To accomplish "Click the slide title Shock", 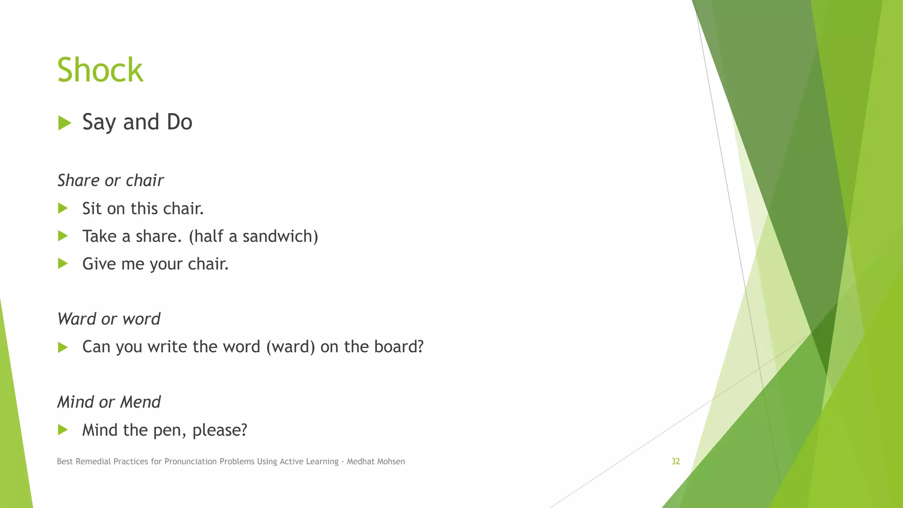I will [x=100, y=70].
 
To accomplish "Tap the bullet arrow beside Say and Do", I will [x=64, y=123].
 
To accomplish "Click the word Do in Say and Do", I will [x=179, y=122].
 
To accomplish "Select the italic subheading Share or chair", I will [x=110, y=180].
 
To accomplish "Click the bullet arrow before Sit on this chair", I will [x=63, y=208].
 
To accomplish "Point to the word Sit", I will [x=92, y=209].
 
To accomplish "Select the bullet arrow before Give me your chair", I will [x=63, y=264].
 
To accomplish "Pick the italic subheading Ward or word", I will [x=108, y=319].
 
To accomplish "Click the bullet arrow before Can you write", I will [x=63, y=347].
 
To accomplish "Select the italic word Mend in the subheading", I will [x=140, y=402].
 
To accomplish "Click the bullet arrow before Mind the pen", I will [x=63, y=430].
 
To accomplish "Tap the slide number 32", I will [x=675, y=461].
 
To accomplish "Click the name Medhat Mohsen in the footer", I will [x=376, y=461].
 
